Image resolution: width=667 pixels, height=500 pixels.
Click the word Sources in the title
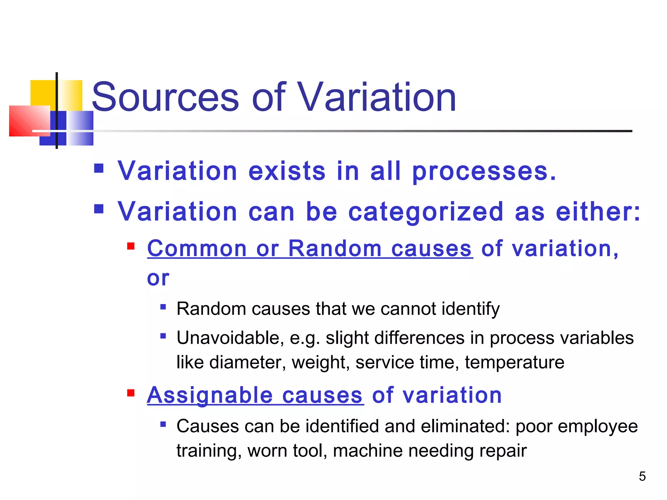[x=165, y=97]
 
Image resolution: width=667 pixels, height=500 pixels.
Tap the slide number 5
[x=642, y=476]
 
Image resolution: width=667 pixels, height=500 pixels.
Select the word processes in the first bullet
[x=484, y=172]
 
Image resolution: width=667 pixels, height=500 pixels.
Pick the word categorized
[x=426, y=212]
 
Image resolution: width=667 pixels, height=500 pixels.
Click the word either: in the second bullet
[x=598, y=212]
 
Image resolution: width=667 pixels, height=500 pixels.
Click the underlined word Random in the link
[x=335, y=249]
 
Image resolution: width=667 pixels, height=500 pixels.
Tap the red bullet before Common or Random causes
[x=131, y=246]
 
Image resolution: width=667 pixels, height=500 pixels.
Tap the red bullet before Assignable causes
[x=131, y=393]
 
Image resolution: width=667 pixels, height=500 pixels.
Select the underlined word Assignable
[x=210, y=396]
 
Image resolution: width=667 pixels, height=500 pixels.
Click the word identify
[x=470, y=309]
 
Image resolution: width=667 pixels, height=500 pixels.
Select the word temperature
[x=514, y=362]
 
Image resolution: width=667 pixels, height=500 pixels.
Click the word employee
[x=598, y=427]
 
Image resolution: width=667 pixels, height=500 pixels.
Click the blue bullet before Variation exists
[x=99, y=168]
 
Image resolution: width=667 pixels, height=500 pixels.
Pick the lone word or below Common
[x=158, y=278]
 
